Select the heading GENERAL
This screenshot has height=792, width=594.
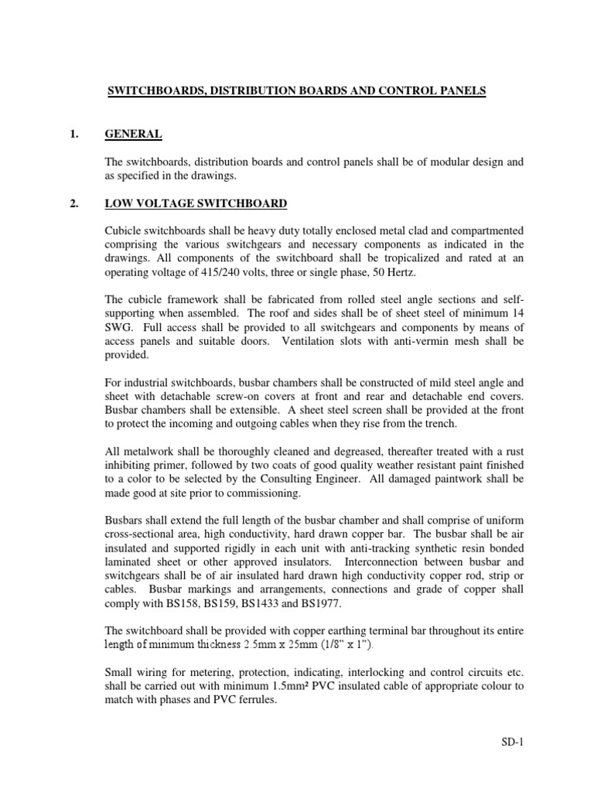tap(134, 134)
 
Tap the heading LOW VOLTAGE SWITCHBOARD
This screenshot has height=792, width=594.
tap(196, 203)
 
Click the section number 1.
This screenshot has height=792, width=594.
tap(74, 134)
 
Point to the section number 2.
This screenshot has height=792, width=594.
tap(74, 203)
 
